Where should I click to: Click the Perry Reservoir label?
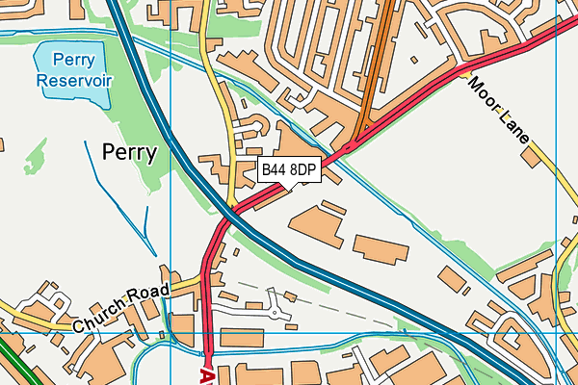[x=74, y=68]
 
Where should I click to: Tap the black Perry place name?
[x=129, y=151]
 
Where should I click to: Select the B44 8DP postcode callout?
[x=289, y=170]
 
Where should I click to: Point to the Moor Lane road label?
[x=499, y=109]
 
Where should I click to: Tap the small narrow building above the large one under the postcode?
[x=333, y=206]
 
